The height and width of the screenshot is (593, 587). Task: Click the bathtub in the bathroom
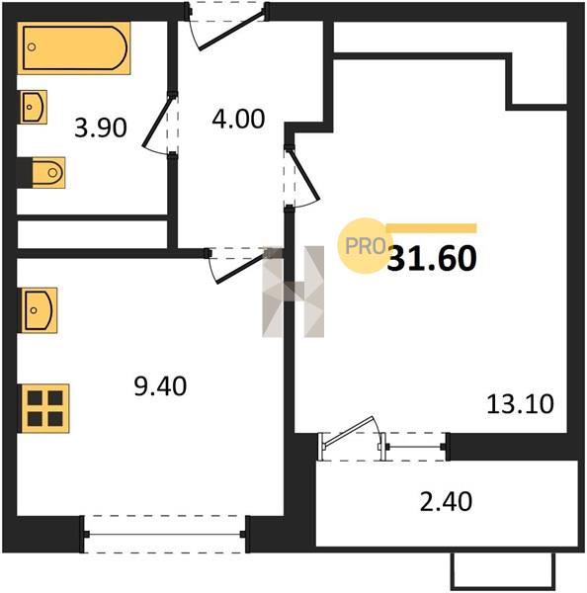pyautogui.click(x=74, y=48)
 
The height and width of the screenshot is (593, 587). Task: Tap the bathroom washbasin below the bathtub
pyautogui.click(x=34, y=107)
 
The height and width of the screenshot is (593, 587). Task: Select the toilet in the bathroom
pyautogui.click(x=48, y=172)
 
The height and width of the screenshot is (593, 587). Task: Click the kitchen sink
pyautogui.click(x=39, y=310)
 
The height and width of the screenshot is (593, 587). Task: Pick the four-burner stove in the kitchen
pyautogui.click(x=45, y=408)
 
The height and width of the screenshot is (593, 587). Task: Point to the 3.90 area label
pyautogui.click(x=100, y=127)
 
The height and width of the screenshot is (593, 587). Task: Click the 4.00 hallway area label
pyautogui.click(x=238, y=119)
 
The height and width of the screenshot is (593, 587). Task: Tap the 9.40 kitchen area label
pyautogui.click(x=160, y=386)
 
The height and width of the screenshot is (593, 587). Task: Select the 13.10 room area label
pyautogui.click(x=520, y=404)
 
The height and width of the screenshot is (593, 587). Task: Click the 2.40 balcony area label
pyautogui.click(x=446, y=501)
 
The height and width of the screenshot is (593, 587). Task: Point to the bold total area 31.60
pyautogui.click(x=432, y=258)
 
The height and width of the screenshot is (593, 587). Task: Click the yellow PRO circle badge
pyautogui.click(x=366, y=246)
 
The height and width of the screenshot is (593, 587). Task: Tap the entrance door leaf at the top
pyautogui.click(x=231, y=31)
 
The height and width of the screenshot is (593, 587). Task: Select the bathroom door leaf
pyautogui.click(x=156, y=122)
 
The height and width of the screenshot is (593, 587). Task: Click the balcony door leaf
pyautogui.click(x=350, y=431)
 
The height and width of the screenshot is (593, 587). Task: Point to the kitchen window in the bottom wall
pyautogui.click(x=164, y=534)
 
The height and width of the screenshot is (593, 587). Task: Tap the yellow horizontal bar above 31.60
pyautogui.click(x=431, y=228)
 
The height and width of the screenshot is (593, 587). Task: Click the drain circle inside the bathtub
pyautogui.click(x=32, y=47)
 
